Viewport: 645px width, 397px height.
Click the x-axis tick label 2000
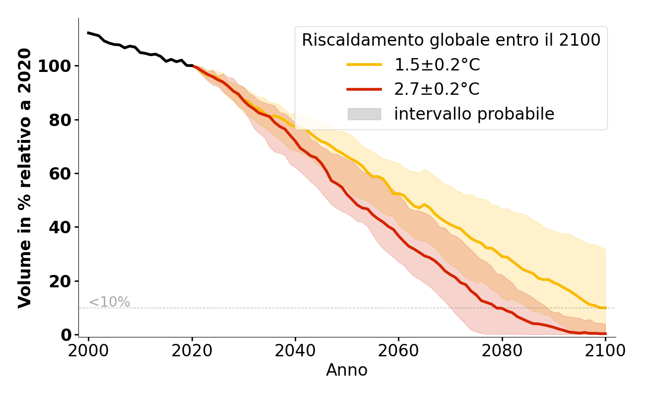click(x=88, y=351)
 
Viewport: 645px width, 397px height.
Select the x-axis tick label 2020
click(x=192, y=351)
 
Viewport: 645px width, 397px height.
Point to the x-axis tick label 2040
click(x=295, y=351)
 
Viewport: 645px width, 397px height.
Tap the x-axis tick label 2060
click(x=398, y=351)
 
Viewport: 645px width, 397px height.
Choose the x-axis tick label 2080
click(x=502, y=351)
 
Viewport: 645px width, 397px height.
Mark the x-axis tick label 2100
click(x=605, y=351)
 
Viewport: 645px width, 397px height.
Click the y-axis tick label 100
click(x=55, y=66)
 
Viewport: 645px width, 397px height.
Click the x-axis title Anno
click(x=347, y=370)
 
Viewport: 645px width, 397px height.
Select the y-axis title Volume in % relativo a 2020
click(x=25, y=178)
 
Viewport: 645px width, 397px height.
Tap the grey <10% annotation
click(x=109, y=302)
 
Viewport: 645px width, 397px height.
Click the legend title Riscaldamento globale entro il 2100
click(x=451, y=40)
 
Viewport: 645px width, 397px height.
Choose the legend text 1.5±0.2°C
click(x=437, y=65)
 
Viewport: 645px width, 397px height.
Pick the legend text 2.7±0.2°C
click(x=437, y=89)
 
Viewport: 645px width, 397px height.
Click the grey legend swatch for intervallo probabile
click(x=364, y=114)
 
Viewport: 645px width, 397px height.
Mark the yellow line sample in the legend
click(x=364, y=65)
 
